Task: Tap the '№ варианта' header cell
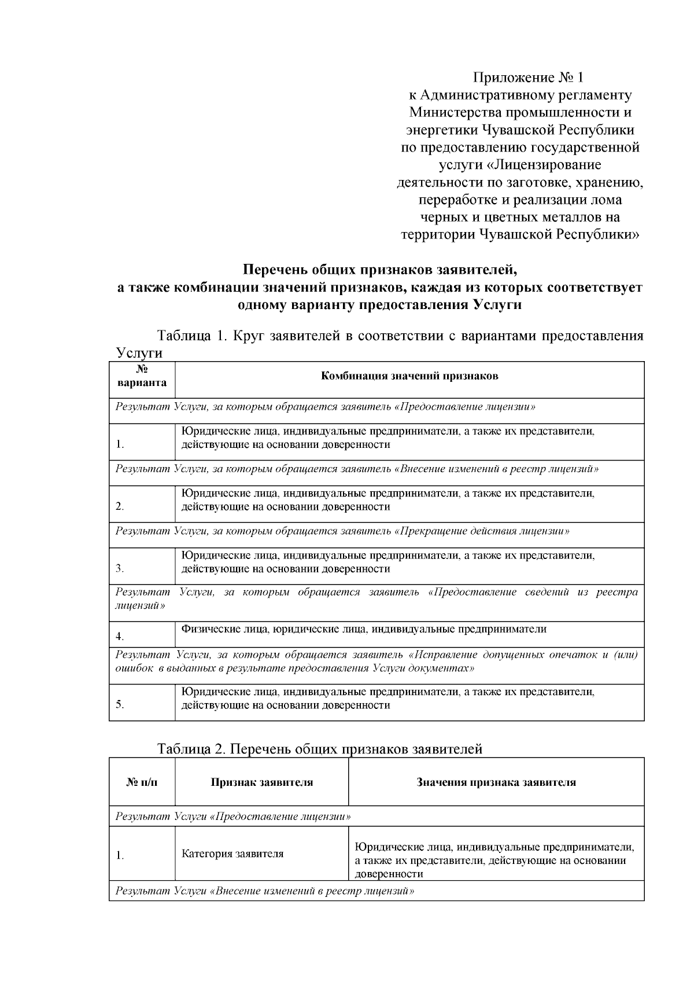coord(142,377)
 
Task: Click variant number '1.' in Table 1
coord(120,445)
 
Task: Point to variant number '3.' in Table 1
coord(120,569)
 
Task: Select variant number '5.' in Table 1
coord(120,705)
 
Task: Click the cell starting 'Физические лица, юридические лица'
coord(364,630)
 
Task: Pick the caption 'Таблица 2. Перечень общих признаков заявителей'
coord(320,750)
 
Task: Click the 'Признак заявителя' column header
coord(261,783)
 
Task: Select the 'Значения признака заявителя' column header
coord(496,783)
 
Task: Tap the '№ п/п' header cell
coord(142,783)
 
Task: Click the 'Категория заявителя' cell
coord(232,854)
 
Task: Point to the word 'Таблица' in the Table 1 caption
coord(183,337)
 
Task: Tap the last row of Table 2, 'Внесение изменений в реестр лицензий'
coord(265,891)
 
